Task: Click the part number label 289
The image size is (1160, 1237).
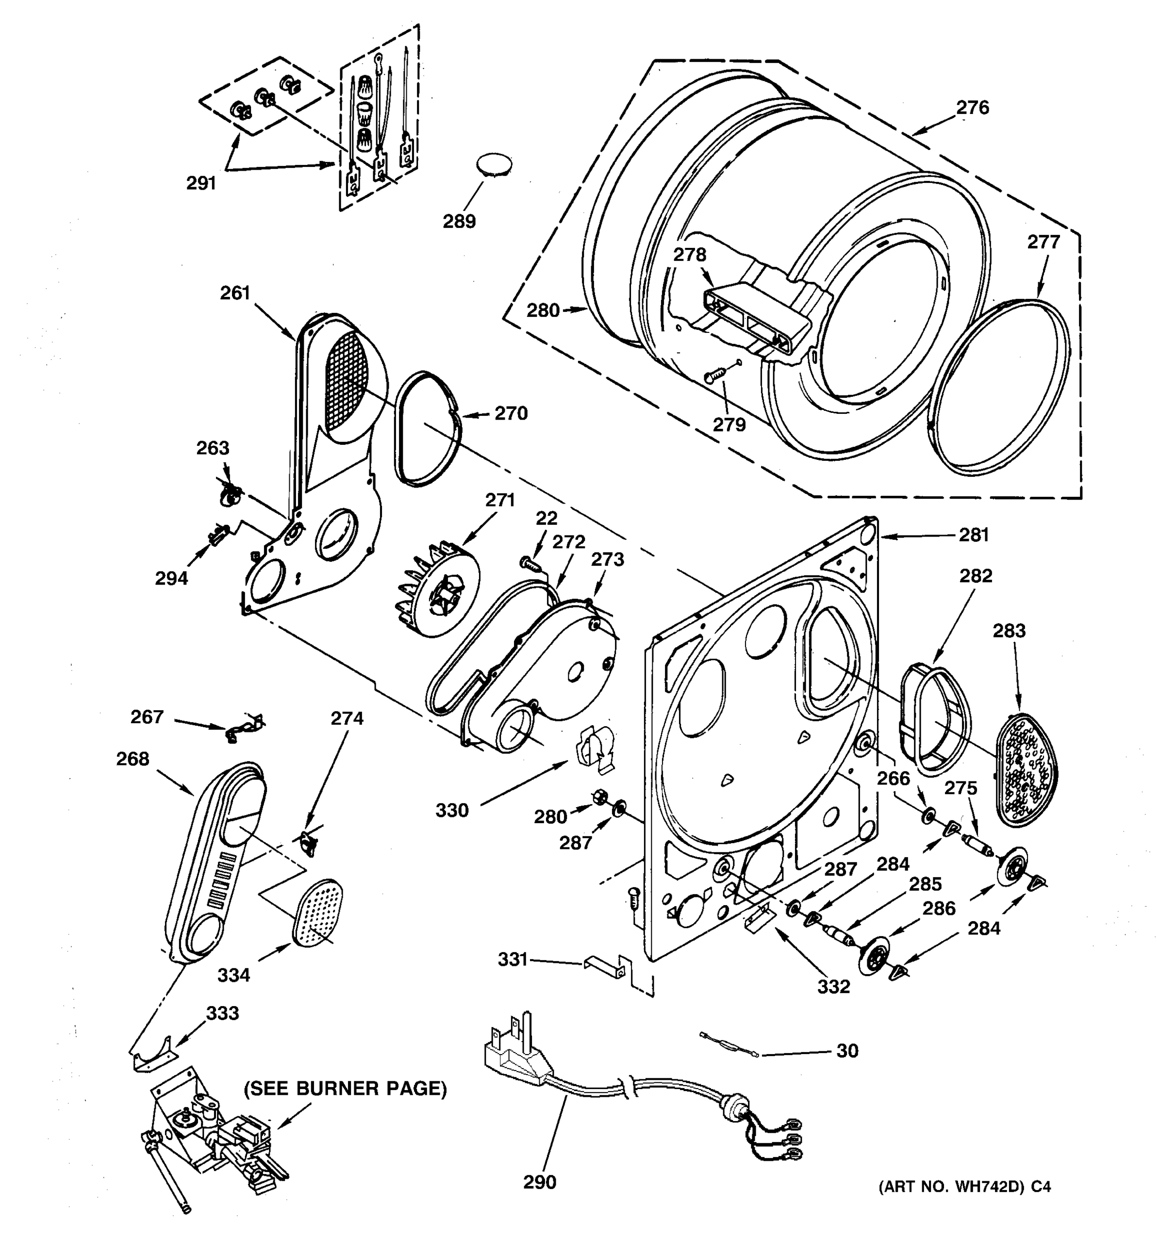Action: (x=459, y=221)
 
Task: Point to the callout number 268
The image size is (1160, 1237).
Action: (x=132, y=759)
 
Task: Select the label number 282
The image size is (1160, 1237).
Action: (x=975, y=576)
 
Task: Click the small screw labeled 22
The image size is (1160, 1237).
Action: (x=528, y=563)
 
